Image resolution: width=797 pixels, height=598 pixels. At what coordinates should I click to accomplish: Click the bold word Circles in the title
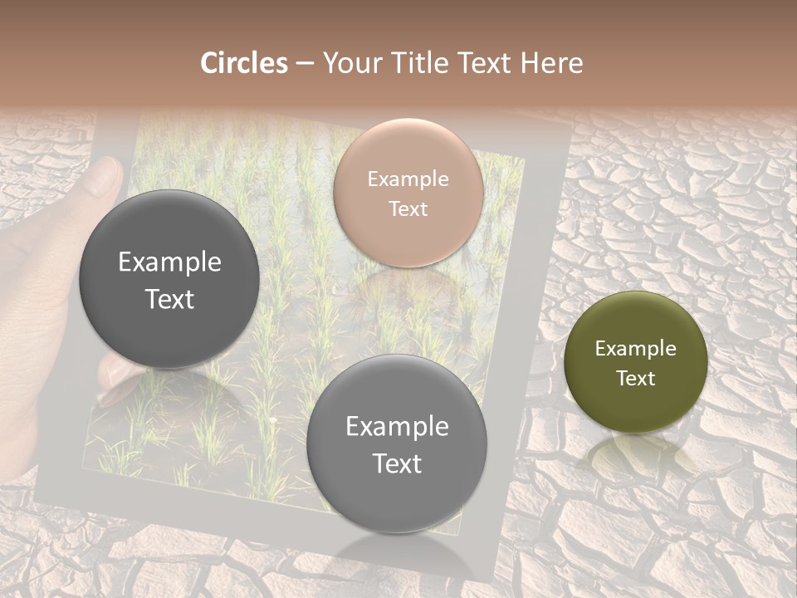[244, 63]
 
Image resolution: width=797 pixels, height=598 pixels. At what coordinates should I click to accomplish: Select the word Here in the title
[552, 63]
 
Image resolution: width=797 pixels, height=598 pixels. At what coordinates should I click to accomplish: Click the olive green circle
[636, 362]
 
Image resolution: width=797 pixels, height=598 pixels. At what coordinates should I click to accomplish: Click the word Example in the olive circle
[636, 349]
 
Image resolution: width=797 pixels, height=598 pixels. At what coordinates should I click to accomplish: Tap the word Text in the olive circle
[636, 379]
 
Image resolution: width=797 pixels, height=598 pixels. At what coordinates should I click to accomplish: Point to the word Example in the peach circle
[408, 179]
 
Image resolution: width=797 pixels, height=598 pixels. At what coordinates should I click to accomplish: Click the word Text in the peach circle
[408, 209]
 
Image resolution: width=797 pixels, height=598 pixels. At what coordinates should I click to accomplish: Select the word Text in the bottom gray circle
[397, 463]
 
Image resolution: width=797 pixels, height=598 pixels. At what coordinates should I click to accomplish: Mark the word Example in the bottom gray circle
[397, 427]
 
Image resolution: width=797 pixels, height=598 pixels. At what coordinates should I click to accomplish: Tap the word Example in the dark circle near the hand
[169, 262]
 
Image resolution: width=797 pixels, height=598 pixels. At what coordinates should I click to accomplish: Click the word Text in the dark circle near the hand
[169, 299]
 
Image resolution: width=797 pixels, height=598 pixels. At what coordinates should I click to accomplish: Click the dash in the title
[305, 64]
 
